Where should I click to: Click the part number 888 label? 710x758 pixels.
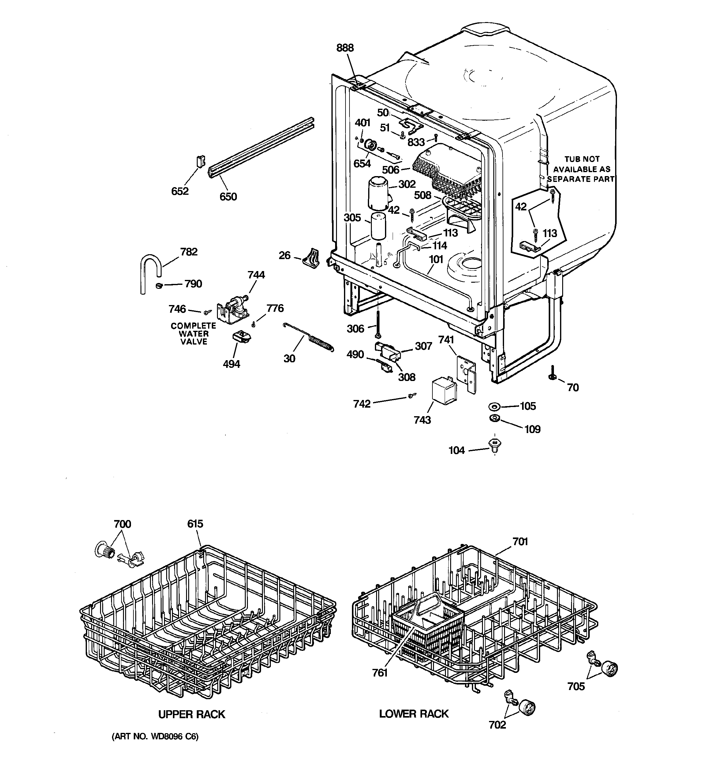(x=345, y=48)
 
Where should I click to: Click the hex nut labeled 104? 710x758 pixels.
(x=495, y=445)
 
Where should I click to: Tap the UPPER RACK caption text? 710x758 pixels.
(x=191, y=715)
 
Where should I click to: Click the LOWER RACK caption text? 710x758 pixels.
(x=413, y=714)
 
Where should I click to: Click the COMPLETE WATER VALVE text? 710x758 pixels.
(x=193, y=334)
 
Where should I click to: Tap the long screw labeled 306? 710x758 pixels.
(x=378, y=323)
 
